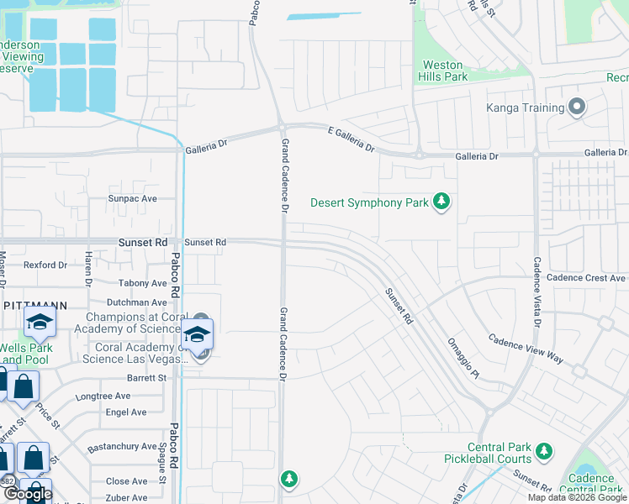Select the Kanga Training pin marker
[x=576, y=108]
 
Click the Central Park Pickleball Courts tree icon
[x=542, y=453]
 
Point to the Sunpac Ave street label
[x=132, y=199]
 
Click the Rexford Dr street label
[x=45, y=265]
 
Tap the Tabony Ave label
[x=143, y=284]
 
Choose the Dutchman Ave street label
[x=136, y=302]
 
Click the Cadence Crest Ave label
[x=586, y=278]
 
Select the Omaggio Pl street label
[x=463, y=359]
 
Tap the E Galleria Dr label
[x=350, y=138]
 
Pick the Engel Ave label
[x=126, y=412]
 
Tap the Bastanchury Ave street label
[x=122, y=447]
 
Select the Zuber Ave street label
[x=128, y=497]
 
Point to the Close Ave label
[x=127, y=481]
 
